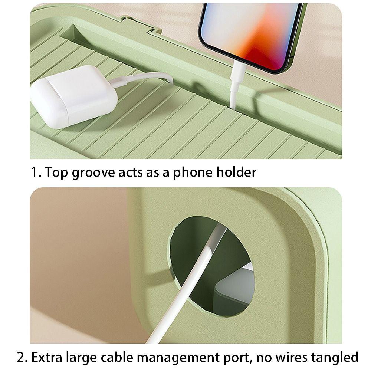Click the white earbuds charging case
(x=74, y=96)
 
